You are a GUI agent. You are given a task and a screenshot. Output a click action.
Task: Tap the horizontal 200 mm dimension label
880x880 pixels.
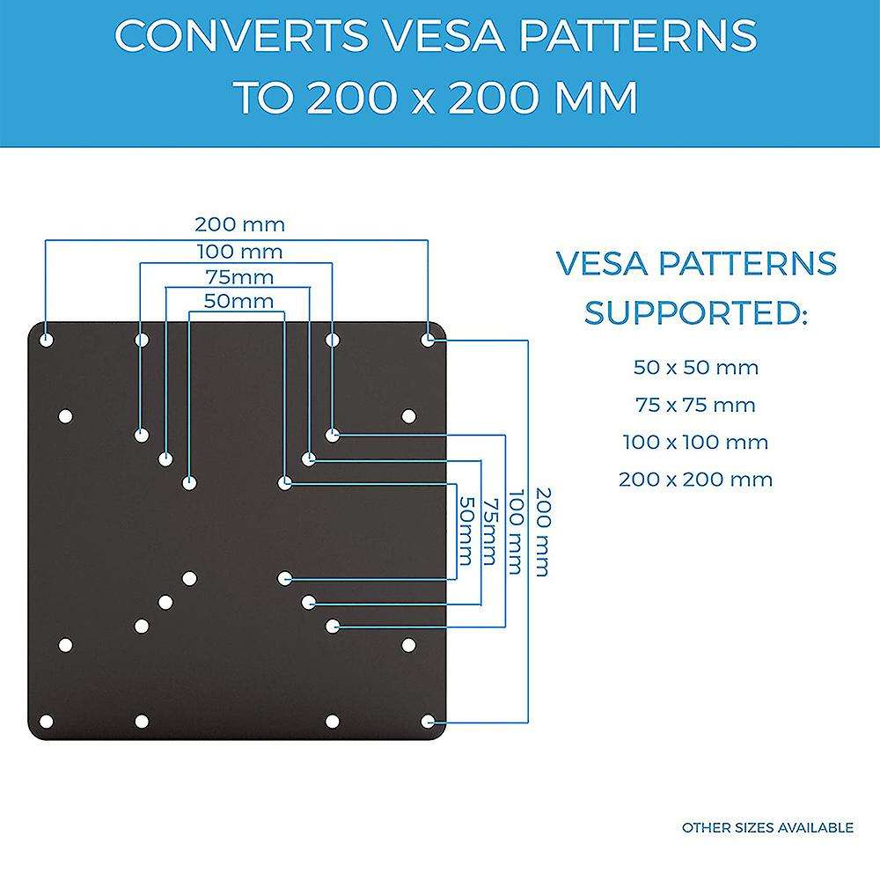239,225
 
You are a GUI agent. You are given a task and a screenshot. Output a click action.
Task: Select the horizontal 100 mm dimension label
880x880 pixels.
239,253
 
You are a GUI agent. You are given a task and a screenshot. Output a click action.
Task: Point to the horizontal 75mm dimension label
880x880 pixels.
239,278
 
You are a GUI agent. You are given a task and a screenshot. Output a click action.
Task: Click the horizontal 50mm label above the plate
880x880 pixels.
238,302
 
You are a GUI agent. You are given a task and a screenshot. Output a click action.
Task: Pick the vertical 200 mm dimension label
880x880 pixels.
540,532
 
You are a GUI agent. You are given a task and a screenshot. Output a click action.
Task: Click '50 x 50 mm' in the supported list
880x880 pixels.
695,368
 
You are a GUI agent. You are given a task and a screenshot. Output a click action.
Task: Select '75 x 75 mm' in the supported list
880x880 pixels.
695,406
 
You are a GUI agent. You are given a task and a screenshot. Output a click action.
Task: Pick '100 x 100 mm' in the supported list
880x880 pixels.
695,443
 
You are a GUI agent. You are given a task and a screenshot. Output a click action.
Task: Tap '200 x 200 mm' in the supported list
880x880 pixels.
695,480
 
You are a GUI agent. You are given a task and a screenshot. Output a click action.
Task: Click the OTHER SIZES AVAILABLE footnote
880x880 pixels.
767,827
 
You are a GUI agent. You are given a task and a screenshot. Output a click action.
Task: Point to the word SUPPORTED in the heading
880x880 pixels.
695,312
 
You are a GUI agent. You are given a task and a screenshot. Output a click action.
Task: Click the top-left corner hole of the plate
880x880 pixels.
47,339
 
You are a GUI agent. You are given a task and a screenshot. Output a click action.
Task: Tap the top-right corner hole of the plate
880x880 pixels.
428,339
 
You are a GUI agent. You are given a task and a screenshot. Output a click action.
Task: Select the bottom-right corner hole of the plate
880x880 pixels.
428,722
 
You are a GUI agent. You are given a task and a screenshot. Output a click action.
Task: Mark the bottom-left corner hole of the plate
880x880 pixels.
47,722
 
